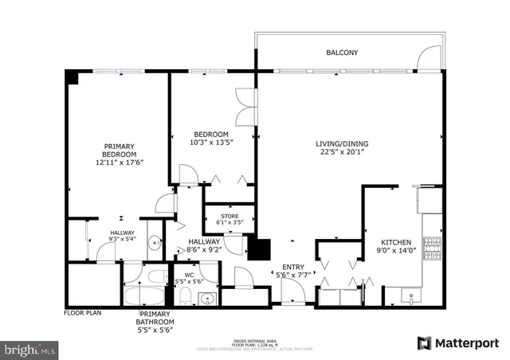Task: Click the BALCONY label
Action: [342, 53]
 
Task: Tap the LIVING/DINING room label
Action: [342, 144]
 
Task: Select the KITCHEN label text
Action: [395, 242]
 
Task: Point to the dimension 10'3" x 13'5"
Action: [211, 143]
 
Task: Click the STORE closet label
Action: [229, 216]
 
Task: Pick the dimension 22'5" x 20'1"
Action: [342, 154]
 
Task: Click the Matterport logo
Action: [458, 342]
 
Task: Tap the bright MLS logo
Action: [30, 348]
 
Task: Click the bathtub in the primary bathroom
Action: [144, 295]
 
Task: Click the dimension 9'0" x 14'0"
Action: [395, 252]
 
